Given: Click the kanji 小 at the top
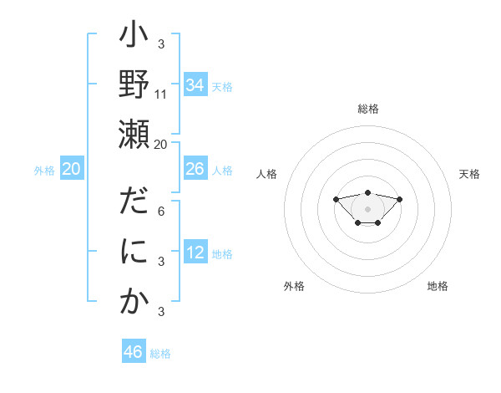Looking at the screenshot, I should tap(134, 38).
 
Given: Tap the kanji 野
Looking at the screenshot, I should tap(134, 86).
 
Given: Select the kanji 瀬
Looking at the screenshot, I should tap(134, 135).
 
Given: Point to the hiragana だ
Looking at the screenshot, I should tap(134, 205).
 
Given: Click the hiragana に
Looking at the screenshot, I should tap(134, 253).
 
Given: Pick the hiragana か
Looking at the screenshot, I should tap(134, 302).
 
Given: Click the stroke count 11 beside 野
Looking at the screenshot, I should tap(161, 94).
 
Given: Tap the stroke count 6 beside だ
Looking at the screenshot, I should tap(160, 212).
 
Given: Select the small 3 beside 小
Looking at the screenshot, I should tap(160, 44).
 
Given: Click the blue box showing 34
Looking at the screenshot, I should tap(195, 85).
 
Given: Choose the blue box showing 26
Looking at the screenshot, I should tap(195, 169).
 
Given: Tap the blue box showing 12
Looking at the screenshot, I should tap(195, 253).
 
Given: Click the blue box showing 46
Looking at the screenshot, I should tap(134, 352).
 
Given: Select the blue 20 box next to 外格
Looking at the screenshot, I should tap(71, 169).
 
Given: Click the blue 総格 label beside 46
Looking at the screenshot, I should tap(160, 354).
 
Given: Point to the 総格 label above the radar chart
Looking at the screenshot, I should tap(367, 109).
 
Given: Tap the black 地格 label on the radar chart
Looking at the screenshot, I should tap(438, 286).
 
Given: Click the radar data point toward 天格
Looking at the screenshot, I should tap(399, 199).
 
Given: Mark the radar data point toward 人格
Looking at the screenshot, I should tap(336, 199).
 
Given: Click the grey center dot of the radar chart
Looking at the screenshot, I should tap(367, 209).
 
